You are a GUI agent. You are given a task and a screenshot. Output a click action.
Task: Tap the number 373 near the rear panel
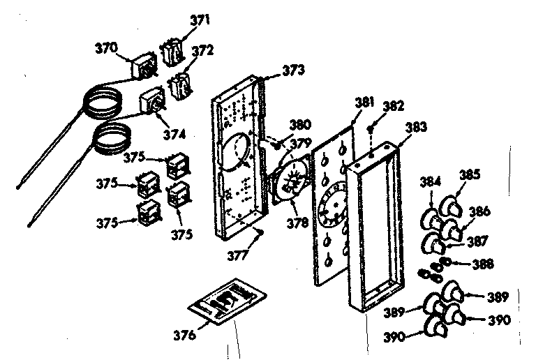293,70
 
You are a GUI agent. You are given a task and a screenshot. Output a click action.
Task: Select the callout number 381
364,102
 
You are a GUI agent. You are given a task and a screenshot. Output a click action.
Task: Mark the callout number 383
417,128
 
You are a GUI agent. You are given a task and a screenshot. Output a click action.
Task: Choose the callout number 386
481,210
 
